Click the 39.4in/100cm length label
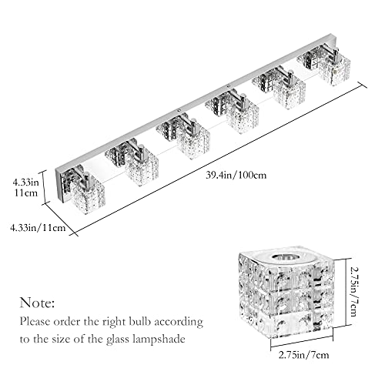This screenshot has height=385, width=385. point(236,176)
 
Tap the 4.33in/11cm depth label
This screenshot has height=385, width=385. point(38,228)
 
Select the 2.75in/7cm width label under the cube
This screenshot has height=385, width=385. point(303,355)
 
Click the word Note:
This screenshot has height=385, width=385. point(38,303)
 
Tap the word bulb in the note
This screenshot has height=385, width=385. point(139,322)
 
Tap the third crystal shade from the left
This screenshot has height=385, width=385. point(193,142)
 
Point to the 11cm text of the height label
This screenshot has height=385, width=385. point(25,192)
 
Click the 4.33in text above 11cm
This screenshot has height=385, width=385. point(26,182)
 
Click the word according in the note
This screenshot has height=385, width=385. point(179,322)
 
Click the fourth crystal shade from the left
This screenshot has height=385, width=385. point(243,118)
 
